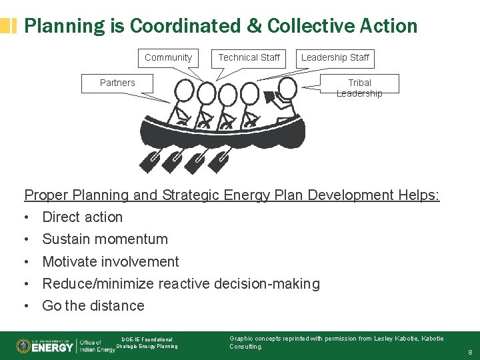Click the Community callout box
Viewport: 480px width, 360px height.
(x=168, y=58)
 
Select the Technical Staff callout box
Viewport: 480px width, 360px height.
(x=249, y=58)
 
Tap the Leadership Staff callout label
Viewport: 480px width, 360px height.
(x=335, y=58)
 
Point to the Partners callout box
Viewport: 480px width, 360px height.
(x=117, y=83)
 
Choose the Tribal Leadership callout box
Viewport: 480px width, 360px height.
(x=359, y=88)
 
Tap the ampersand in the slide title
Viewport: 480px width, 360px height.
(x=255, y=26)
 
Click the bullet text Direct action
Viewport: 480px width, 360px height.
(x=83, y=217)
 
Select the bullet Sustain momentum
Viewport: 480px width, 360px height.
(x=105, y=239)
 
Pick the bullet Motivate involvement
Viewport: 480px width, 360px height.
(x=111, y=261)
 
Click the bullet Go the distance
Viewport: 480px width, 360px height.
(x=93, y=306)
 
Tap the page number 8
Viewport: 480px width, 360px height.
(x=470, y=351)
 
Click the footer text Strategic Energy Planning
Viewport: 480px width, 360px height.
(x=147, y=346)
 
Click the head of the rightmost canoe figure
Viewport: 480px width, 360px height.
(x=287, y=88)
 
